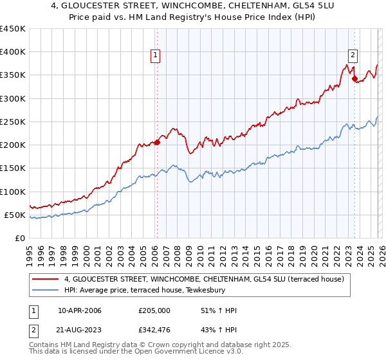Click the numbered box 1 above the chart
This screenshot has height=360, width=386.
pos(156,56)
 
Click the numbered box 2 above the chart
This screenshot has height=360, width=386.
pos(353,56)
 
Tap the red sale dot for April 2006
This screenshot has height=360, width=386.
pos(157,143)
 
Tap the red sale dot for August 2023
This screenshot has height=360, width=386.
pos(354,79)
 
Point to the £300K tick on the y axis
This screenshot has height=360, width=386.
pos(13,98)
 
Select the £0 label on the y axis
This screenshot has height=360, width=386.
pos(20,238)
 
